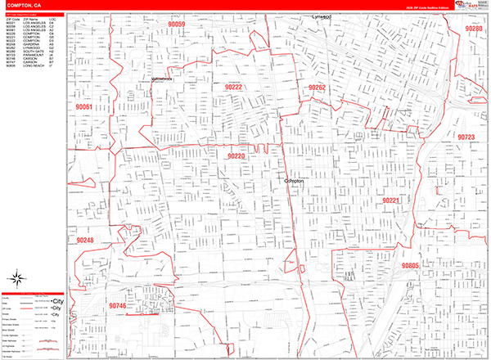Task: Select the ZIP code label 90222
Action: [233, 86]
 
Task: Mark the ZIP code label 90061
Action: [84, 107]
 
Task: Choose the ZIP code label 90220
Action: [236, 155]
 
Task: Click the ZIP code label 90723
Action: [466, 137]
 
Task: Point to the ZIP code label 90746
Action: [117, 305]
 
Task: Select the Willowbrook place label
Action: [164, 79]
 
